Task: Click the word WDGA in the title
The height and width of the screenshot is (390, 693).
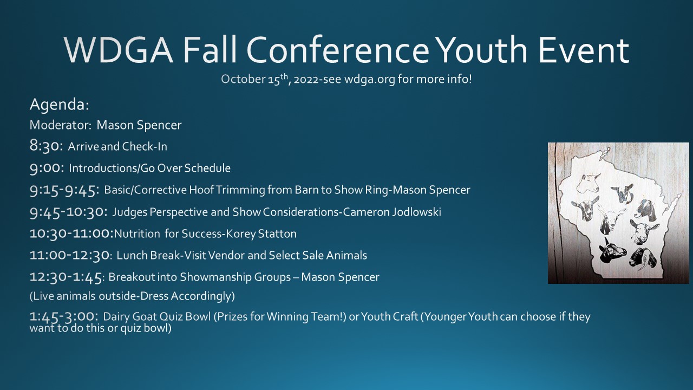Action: click(x=119, y=50)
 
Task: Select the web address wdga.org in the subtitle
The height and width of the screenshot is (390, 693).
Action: click(x=370, y=80)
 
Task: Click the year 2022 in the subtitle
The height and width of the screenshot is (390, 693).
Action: click(x=306, y=80)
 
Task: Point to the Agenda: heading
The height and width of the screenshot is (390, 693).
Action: click(x=60, y=105)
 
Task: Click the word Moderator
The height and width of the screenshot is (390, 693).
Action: click(x=60, y=125)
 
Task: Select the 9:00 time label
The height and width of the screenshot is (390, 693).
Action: click(x=47, y=168)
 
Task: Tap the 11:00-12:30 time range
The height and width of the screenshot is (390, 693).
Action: click(x=70, y=255)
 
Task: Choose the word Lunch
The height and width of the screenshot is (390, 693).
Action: click(x=132, y=255)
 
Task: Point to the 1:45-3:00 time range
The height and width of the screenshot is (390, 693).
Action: click(x=64, y=316)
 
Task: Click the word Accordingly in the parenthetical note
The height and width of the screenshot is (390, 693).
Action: click(x=202, y=296)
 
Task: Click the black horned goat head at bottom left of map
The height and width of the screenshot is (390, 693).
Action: click(x=612, y=250)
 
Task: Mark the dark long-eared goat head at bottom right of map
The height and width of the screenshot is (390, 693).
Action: click(x=643, y=258)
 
